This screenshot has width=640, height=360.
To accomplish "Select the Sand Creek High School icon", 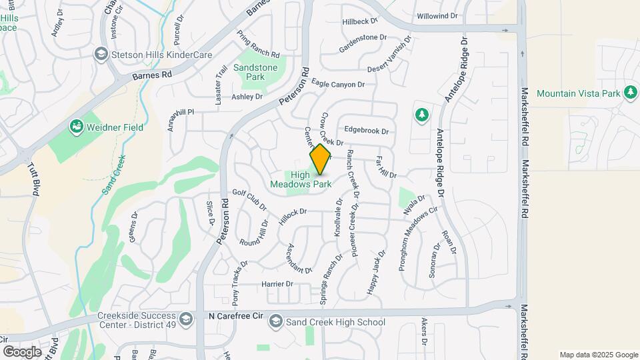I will [275, 323].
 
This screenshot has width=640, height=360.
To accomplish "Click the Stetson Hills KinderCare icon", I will [101, 53].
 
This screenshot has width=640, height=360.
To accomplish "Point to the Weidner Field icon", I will [76, 126].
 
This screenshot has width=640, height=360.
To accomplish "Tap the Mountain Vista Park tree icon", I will [631, 93].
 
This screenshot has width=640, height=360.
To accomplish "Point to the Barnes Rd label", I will [152, 75].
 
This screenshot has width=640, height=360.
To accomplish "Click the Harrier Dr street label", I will [277, 284].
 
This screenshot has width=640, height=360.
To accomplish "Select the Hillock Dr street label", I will [293, 212].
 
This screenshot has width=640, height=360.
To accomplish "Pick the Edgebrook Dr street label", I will [366, 131].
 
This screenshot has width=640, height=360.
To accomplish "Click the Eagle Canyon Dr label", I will [338, 85].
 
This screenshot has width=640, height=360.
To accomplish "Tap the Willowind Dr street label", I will [437, 15].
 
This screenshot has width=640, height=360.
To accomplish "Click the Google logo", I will [22, 351].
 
